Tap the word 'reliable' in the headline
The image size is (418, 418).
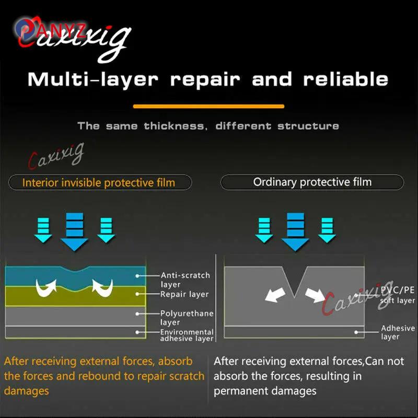coord(345,79)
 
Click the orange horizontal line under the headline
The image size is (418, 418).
coord(208,107)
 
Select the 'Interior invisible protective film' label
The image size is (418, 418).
coord(99,183)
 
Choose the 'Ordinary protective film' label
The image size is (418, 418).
coord(312,182)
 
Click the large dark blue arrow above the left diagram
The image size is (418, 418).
coord(74,232)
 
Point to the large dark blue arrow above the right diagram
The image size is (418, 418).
coord(295,232)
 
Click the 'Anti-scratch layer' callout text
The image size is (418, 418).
coord(185,280)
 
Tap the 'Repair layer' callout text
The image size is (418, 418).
coord(184,294)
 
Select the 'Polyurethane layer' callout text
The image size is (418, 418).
coord(187,318)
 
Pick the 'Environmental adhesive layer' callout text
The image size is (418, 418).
coord(187,335)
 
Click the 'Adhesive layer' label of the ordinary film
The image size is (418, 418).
coord(398,332)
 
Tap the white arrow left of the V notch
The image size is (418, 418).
coord(275,295)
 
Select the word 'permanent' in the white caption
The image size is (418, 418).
coord(238,391)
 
